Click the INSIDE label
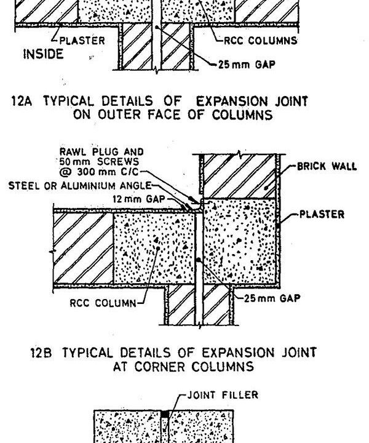pyautogui.click(x=42, y=54)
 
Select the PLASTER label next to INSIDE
pyautogui.click(x=84, y=41)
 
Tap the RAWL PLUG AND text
pyautogui.click(x=101, y=151)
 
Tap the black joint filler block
pyautogui.click(x=164, y=413)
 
